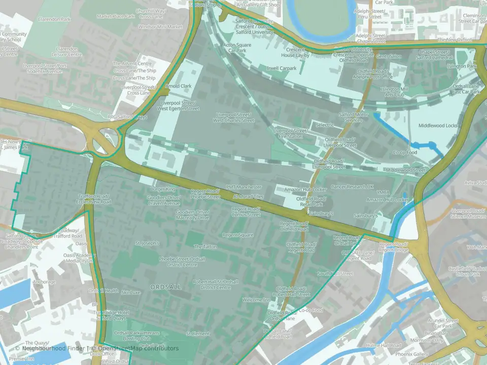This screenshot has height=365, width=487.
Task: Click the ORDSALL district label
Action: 165,287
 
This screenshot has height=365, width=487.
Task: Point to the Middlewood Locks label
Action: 438,125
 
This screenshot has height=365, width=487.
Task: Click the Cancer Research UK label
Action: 352,187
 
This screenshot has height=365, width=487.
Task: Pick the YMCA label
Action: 382,193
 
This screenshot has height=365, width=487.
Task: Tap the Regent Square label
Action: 238,235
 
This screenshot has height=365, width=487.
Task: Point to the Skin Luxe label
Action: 131,293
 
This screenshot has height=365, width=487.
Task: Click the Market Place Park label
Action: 116,16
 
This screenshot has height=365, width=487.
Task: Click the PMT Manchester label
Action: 243,187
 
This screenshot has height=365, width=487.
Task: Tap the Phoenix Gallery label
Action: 412,354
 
